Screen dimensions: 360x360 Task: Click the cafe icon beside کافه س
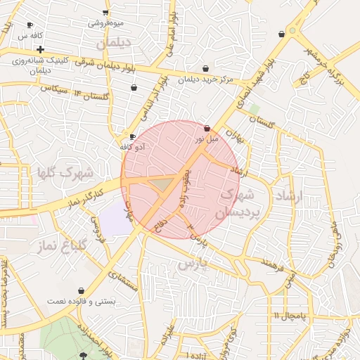tap(30, 25)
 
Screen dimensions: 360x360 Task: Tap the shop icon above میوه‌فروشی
tap(105, 13)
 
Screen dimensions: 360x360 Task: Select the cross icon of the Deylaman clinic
tap(41, 50)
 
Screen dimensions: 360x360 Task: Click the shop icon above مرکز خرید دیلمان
tap(205, 69)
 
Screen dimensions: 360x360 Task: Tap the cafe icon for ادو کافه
tap(132, 136)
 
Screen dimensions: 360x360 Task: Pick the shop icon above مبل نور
tap(207, 129)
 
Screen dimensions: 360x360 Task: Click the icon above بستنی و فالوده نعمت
tap(82, 290)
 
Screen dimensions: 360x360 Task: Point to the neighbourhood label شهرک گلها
tap(67, 172)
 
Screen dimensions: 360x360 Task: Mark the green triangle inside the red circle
tap(162, 184)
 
